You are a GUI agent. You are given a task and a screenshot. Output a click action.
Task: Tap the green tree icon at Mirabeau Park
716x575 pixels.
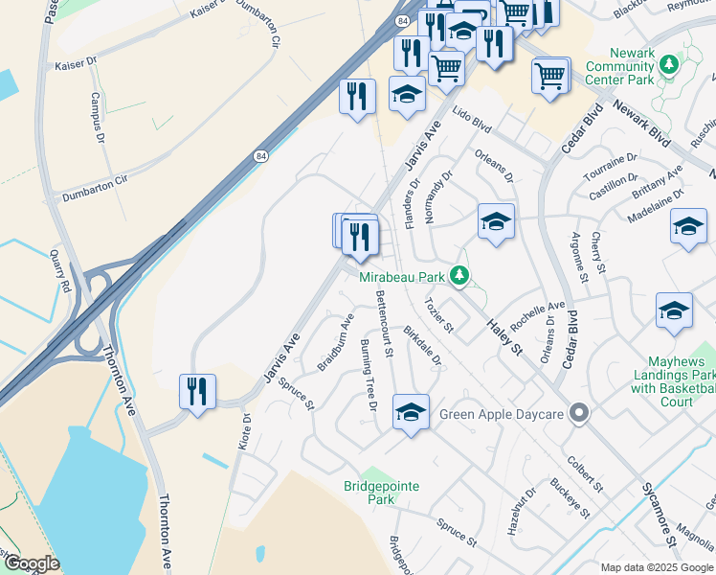coord(459,276)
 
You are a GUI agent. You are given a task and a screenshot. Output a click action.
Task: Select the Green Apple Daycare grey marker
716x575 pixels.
coord(578,415)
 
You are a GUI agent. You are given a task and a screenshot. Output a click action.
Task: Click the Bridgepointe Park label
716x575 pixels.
coord(381,493)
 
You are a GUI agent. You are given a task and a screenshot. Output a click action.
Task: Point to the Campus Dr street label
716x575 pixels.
coord(97,117)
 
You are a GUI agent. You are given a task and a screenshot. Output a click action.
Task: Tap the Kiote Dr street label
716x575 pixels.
coord(246,431)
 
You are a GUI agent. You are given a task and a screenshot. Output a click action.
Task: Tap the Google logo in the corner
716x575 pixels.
coord(32,563)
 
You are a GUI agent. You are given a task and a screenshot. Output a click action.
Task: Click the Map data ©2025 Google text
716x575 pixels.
coord(656,567)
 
